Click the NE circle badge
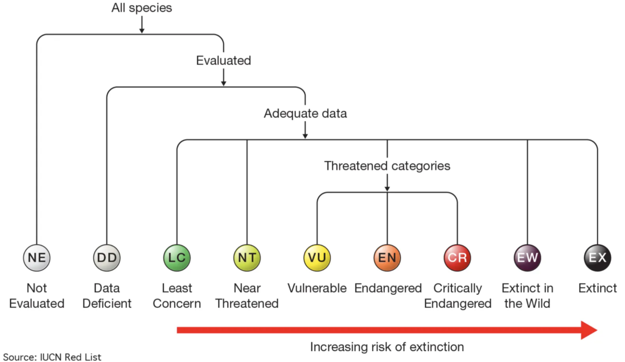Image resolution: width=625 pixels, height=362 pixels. pyautogui.click(x=37, y=258)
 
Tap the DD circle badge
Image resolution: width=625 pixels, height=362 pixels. pyautogui.click(x=107, y=258)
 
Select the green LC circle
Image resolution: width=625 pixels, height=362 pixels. pyautogui.click(x=177, y=258)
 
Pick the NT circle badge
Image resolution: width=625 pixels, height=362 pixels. pyautogui.click(x=247, y=258)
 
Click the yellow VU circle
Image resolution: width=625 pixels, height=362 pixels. pyautogui.click(x=317, y=258)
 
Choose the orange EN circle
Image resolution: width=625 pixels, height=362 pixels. pyautogui.click(x=387, y=258)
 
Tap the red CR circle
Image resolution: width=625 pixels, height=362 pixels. pyautogui.click(x=457, y=258)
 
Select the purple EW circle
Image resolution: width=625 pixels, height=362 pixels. pyautogui.click(x=527, y=258)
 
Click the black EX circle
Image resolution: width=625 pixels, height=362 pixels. pyautogui.click(x=597, y=258)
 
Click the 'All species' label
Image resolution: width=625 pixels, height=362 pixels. pyautogui.click(x=142, y=8)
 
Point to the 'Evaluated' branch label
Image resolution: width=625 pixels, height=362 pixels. pyautogui.click(x=223, y=61)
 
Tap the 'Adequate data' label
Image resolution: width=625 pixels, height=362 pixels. pyautogui.click(x=305, y=113)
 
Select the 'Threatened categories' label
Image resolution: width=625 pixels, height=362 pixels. pyautogui.click(x=387, y=166)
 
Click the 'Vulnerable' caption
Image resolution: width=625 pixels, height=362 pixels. pyautogui.click(x=317, y=288)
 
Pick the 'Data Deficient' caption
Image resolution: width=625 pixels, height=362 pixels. pyautogui.click(x=107, y=296)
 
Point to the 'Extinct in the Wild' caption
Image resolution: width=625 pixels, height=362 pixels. pyautogui.click(x=527, y=296)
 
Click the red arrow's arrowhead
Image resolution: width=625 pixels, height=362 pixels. pyautogui.click(x=589, y=330)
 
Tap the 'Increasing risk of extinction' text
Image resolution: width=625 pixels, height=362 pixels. pyautogui.click(x=387, y=347)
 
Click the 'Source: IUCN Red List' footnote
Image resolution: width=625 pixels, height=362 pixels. pyautogui.click(x=52, y=357)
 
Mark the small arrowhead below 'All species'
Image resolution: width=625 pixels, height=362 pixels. pyautogui.click(x=142, y=30)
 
